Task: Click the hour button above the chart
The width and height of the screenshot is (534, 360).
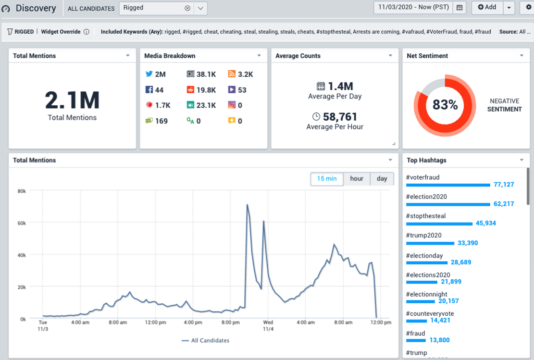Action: pos(357,179)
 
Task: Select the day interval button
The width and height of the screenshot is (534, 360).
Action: pos(382,179)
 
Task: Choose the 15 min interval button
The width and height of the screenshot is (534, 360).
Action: pos(326,179)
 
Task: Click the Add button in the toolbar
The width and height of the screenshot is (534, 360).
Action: pos(487,7)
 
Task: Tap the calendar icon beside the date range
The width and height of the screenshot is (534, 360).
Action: pos(459,8)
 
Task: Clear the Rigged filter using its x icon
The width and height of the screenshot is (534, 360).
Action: pos(187,8)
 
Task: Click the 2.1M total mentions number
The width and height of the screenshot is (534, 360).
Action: pos(72,100)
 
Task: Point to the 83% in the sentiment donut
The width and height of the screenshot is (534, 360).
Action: pos(445,105)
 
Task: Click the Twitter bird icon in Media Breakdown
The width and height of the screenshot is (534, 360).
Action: pos(149,74)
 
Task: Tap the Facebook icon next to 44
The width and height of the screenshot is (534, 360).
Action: pos(149,90)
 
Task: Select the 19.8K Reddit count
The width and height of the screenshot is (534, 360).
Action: pos(206,90)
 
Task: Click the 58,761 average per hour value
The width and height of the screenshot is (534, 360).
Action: pos(340,116)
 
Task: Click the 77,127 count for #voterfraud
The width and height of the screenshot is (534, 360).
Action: pos(504,185)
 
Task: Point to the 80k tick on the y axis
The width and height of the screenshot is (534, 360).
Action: pos(21,191)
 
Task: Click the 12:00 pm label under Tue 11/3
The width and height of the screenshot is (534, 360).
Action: pos(155,323)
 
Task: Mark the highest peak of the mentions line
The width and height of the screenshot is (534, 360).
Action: pos(247,205)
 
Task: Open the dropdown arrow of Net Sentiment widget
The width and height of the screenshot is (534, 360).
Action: pos(522,56)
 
